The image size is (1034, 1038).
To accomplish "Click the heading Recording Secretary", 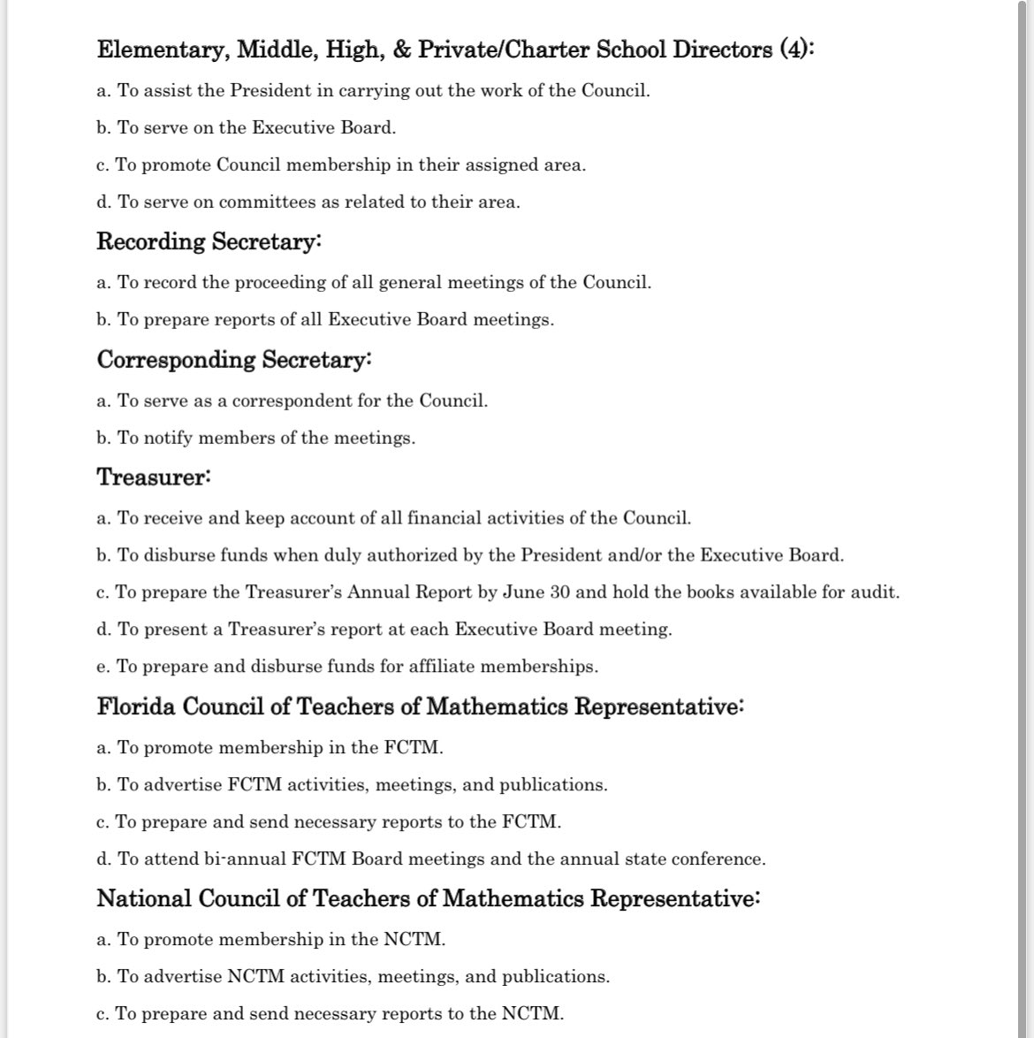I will (x=209, y=242).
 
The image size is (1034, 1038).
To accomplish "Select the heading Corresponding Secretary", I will (x=233, y=361).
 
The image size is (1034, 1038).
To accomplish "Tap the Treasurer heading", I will (x=153, y=478).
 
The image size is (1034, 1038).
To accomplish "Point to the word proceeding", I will (x=255, y=284).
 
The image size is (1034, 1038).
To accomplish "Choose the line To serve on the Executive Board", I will (x=247, y=128).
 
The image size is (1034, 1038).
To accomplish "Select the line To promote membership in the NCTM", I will (x=271, y=940).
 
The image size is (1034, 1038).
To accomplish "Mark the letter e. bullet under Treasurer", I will (x=103, y=668).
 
